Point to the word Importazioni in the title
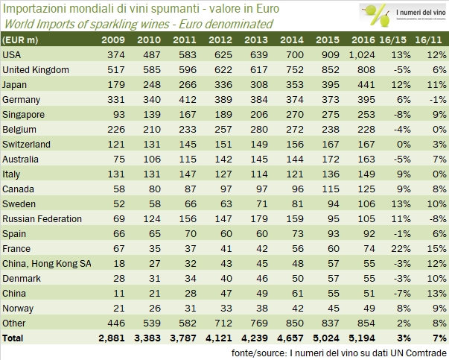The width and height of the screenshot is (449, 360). point(33,9)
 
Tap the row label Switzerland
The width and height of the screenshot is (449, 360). point(27,144)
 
